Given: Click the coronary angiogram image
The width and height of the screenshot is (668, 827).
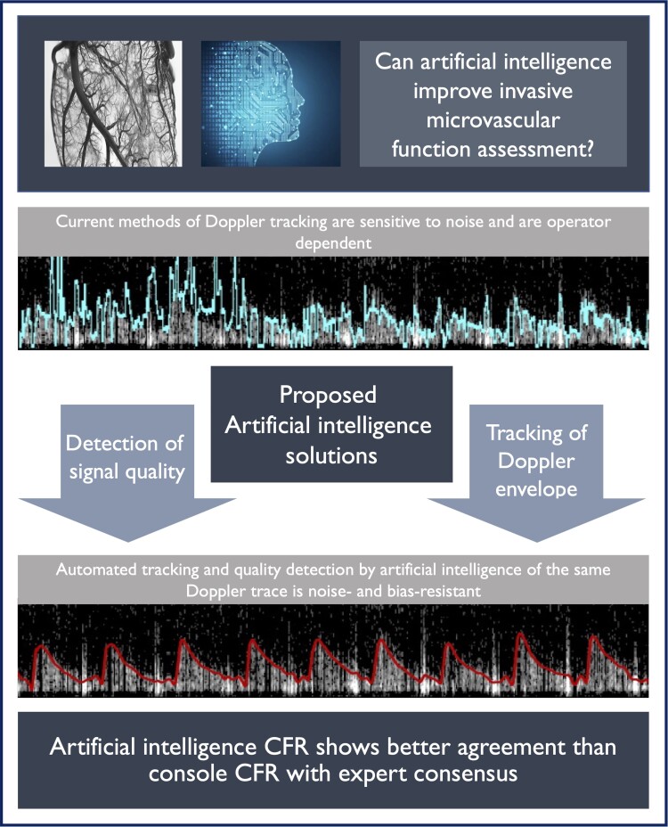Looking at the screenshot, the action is pos(113,104).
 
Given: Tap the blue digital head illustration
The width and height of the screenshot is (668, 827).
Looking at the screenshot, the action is pos(271,104).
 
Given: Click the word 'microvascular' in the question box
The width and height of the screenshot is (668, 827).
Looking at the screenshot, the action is pos(493,121).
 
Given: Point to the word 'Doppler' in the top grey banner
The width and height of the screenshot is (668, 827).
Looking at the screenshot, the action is pos(234,222).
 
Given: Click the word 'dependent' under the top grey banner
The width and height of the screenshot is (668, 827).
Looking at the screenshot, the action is pos(333,242).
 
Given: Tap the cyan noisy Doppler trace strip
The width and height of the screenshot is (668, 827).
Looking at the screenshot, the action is pos(333,303).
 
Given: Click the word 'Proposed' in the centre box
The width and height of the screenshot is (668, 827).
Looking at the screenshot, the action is pos(328,395).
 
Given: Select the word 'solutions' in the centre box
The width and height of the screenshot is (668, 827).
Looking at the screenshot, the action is pos(331,455).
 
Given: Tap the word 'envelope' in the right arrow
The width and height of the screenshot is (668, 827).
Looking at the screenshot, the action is pos(536,489).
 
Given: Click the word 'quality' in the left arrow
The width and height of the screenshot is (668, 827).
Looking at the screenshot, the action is pos(154,472).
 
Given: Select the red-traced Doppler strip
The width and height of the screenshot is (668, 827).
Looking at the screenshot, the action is pos(333,651).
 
